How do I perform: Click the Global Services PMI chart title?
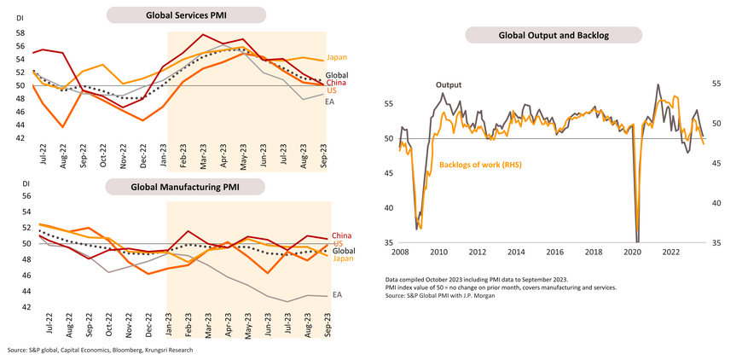point(185,15)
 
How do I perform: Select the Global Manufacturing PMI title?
point(185,187)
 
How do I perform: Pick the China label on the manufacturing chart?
point(342,235)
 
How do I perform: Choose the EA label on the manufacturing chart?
point(337,295)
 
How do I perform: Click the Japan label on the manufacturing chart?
point(342,258)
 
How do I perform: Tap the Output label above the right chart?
point(449,85)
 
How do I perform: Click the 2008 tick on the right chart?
point(399,253)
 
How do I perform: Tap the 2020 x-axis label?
point(633,253)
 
